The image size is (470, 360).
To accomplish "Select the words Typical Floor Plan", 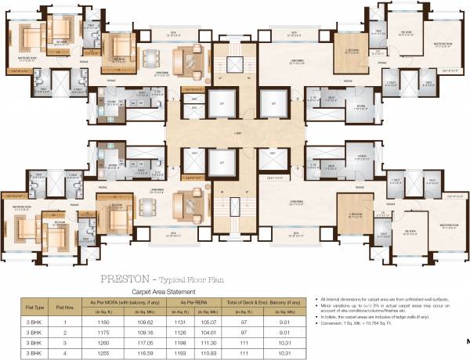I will [186, 278].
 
